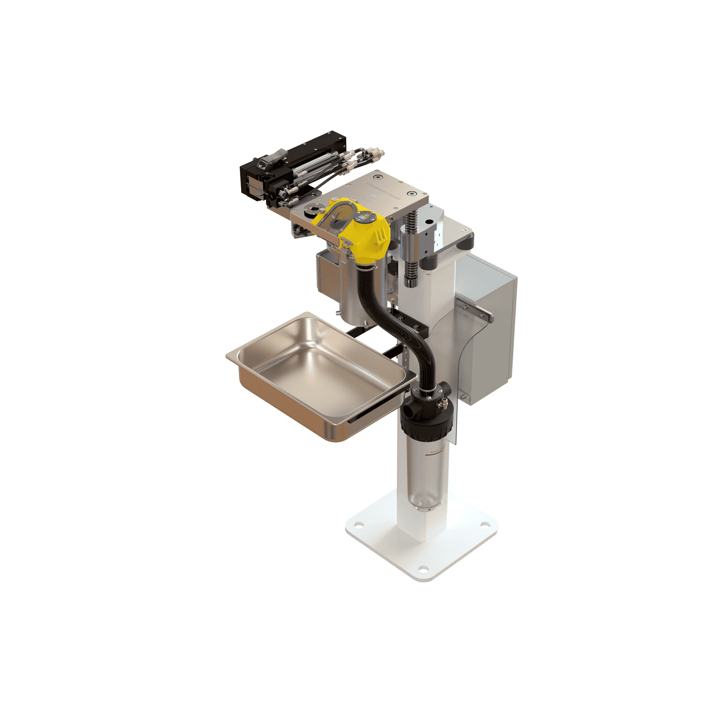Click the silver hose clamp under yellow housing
tap(367, 268)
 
